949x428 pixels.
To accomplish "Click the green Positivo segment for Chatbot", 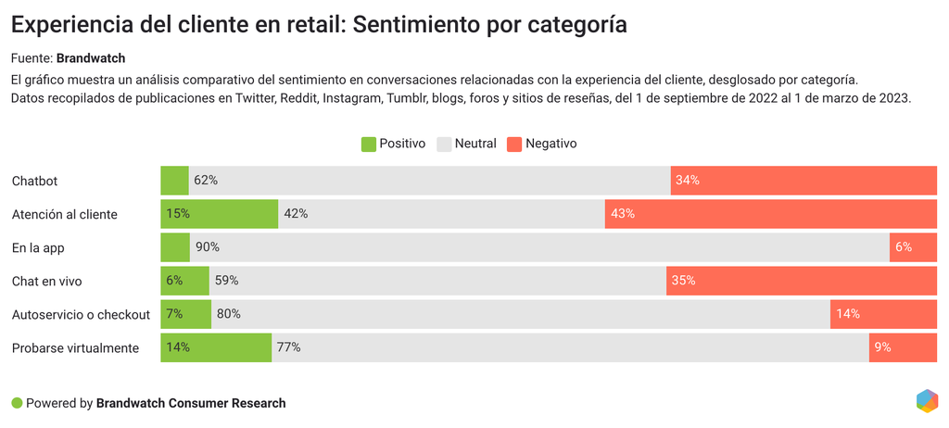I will pyautogui.click(x=174, y=181).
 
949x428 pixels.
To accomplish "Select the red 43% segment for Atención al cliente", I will pyautogui.click(x=771, y=214).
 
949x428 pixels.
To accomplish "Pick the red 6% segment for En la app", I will pyautogui.click(x=913, y=247).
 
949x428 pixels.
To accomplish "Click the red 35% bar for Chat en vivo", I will pyautogui.click(x=802, y=281).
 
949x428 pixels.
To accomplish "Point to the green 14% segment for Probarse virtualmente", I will pyautogui.click(x=216, y=347).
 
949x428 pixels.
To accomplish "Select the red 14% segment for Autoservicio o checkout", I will pyautogui.click(x=883, y=314).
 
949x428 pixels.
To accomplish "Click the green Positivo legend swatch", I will pyautogui.click(x=368, y=144).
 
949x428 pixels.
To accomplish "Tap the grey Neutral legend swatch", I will pyautogui.click(x=443, y=144).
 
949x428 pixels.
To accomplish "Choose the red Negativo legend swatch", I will pyautogui.click(x=514, y=144).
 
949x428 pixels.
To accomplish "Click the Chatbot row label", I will pyautogui.click(x=35, y=181).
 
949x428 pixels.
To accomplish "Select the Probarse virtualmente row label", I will pyautogui.click(x=75, y=347).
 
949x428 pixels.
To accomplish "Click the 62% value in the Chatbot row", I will pyautogui.click(x=206, y=181).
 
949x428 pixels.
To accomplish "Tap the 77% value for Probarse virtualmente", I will pyautogui.click(x=288, y=347).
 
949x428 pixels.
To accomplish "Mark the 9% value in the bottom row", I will pyautogui.click(x=882, y=347).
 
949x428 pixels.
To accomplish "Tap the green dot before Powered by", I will pyautogui.click(x=17, y=403).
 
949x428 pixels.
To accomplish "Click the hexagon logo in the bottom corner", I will pyautogui.click(x=927, y=401).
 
